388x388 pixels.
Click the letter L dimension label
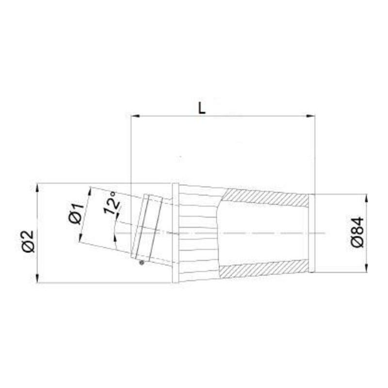pyautogui.click(x=202, y=108)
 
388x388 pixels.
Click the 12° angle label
pyautogui.click(x=112, y=203)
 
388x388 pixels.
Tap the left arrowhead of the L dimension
pyautogui.click(x=136, y=116)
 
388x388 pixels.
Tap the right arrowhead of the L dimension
pyautogui.click(x=310, y=116)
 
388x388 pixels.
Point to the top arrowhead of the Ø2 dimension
pyautogui.click(x=37, y=188)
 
